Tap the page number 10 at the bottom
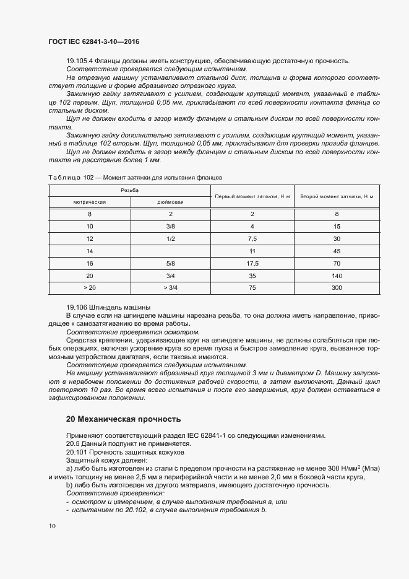52,526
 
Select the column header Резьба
129,190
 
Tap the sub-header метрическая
90,201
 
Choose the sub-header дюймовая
170,201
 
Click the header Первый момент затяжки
252,196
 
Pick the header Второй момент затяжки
337,196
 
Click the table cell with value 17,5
252,263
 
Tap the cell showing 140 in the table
337,276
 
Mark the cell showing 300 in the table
337,288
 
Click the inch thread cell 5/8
170,263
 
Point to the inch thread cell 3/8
170,226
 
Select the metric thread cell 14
90,251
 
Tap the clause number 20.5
74,443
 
